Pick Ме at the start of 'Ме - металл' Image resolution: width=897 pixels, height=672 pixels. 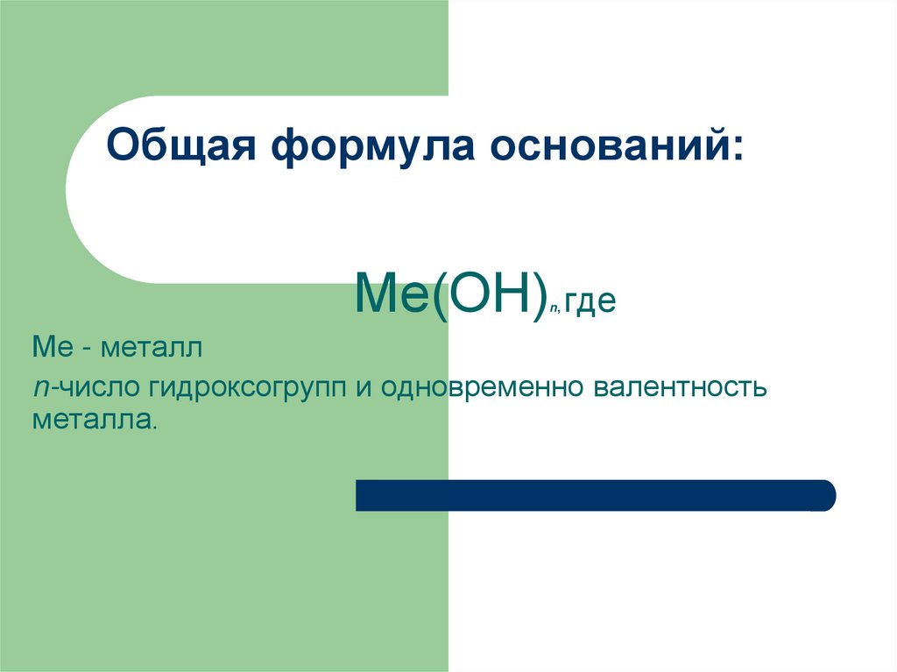coord(49,350)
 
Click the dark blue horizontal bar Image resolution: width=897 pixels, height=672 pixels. coord(596,495)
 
